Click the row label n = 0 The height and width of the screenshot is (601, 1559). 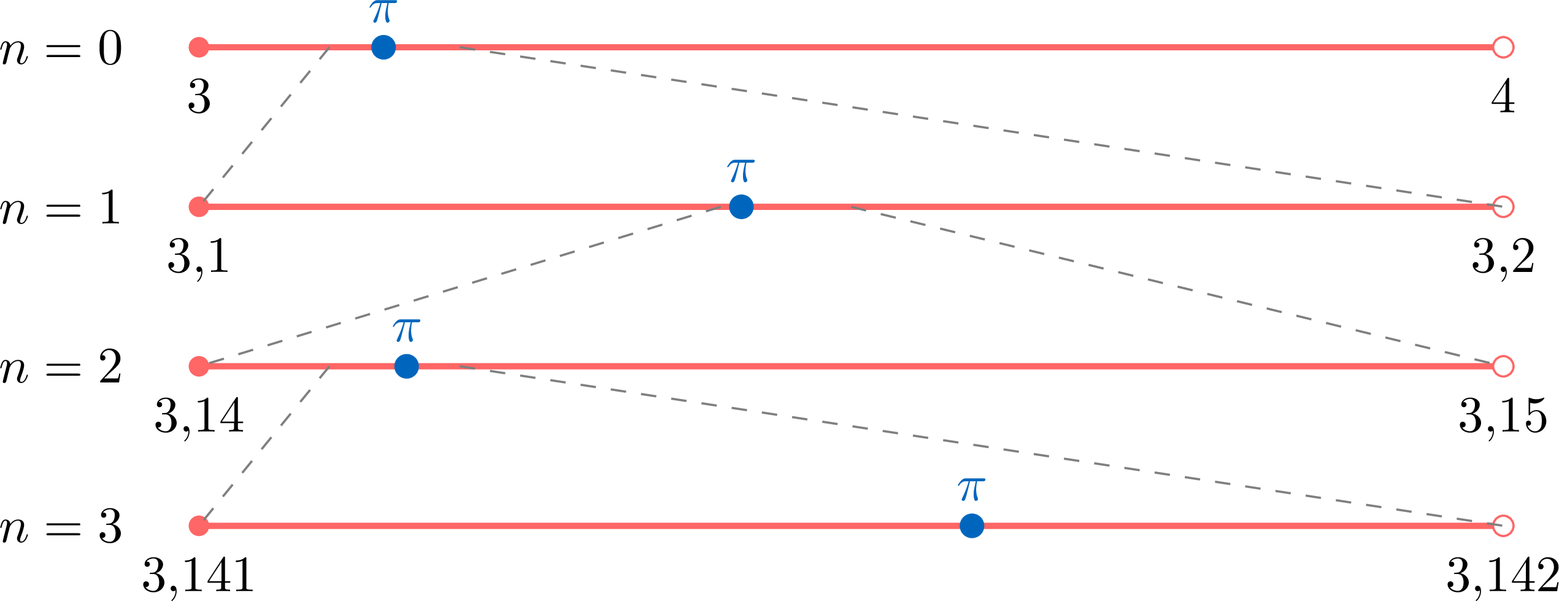click(61, 49)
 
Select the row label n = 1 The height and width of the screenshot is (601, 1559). click(61, 208)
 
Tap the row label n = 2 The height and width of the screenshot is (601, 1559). click(61, 368)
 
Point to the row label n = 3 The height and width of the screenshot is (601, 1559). click(61, 527)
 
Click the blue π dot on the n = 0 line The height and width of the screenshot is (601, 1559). click(383, 47)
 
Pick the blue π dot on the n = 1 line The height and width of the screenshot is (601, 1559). click(741, 207)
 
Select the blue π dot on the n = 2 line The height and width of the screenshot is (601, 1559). click(407, 366)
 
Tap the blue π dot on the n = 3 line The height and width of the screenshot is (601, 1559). click(972, 525)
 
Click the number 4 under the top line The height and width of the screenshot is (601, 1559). click(1503, 97)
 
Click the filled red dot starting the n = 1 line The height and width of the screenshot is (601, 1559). click(199, 207)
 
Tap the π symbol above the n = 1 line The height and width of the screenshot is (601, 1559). click(741, 171)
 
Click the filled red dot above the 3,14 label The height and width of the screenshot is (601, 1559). click(199, 366)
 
